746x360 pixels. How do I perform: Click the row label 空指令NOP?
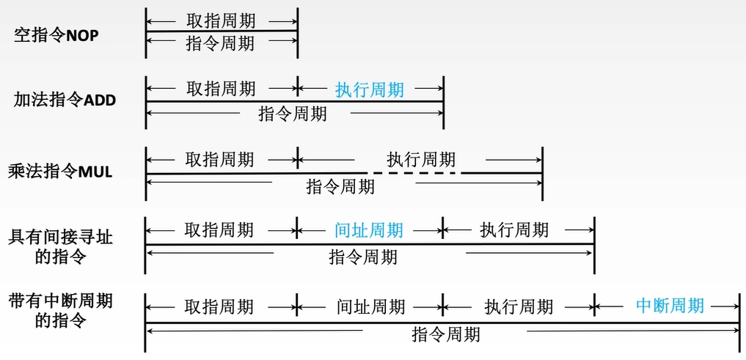tap(56, 34)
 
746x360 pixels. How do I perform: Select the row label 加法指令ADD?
tap(65, 100)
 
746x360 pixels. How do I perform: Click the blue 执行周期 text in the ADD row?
tap(370, 90)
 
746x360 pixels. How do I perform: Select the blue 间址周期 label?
tap(369, 230)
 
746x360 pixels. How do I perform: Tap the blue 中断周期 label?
tap(670, 305)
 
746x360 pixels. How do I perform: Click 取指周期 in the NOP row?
tap(222, 21)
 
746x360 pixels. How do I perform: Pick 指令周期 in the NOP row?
tap(221, 43)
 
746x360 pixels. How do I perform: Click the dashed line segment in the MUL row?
tap(414, 173)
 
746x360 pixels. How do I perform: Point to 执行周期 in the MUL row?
tap(421, 159)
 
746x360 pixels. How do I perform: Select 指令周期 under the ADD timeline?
tap(293, 114)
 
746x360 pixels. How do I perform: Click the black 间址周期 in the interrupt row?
tap(370, 306)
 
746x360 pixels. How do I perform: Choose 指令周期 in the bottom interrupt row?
tap(446, 334)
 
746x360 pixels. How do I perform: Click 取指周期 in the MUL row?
tap(219, 159)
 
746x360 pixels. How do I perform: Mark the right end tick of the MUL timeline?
tap(542, 173)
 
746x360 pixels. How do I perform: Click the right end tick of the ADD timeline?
tap(444, 101)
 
